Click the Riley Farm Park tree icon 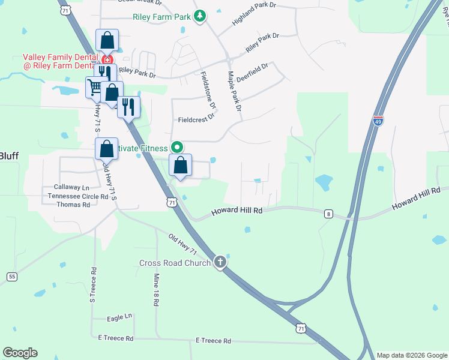pyautogui.click(x=200, y=16)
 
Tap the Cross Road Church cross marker pyautogui.click(x=220, y=262)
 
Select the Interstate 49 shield pyautogui.click(x=378, y=121)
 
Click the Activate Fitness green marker pyautogui.click(x=176, y=147)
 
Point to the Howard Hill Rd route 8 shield pyautogui.click(x=328, y=214)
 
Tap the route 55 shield pyautogui.click(x=12, y=276)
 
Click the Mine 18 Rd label pyautogui.click(x=155, y=290)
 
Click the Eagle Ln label pyautogui.click(x=119, y=317)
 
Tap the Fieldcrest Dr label pyautogui.click(x=196, y=119)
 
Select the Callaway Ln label pyautogui.click(x=71, y=187)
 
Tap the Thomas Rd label pyautogui.click(x=73, y=205)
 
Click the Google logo pyautogui.click(x=20, y=353)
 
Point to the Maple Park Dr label pyautogui.click(x=234, y=91)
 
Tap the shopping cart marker pyautogui.click(x=95, y=88)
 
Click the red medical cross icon pyautogui.click(x=107, y=60)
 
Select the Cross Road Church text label pyautogui.click(x=175, y=263)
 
